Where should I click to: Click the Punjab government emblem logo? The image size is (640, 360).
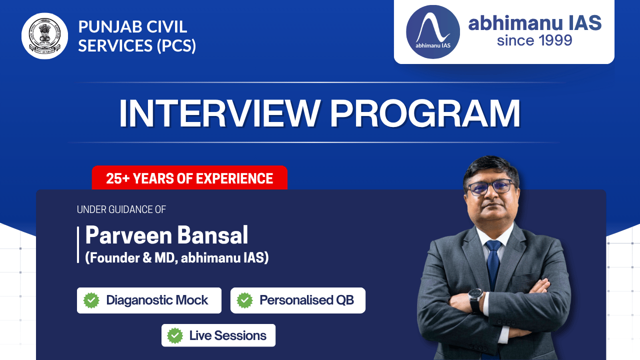(45, 36)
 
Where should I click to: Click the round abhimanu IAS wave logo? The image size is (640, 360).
(432, 32)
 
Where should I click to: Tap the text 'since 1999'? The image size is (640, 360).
(534, 40)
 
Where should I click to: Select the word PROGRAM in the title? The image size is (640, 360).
(425, 114)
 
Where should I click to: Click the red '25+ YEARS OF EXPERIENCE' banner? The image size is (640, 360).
(189, 178)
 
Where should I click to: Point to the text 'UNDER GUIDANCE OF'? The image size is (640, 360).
(121, 209)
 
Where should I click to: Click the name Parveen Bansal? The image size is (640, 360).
(166, 235)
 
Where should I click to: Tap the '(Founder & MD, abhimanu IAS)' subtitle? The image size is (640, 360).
(176, 258)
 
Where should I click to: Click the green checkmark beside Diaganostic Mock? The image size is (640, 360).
(91, 300)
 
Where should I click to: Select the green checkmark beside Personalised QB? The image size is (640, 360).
(244, 300)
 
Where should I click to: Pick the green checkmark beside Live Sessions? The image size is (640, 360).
(175, 335)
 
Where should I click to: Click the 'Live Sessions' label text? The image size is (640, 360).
(227, 335)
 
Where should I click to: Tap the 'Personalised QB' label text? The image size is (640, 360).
(306, 300)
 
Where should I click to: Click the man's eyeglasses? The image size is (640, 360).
(490, 188)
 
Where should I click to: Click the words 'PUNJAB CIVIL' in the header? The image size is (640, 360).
(132, 26)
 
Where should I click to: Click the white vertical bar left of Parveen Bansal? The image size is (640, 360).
(78, 244)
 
